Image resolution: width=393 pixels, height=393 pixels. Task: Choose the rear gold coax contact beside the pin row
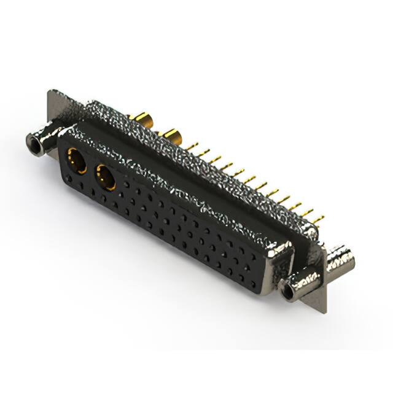[x=170, y=135]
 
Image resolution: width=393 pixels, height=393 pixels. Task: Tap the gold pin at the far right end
[x=317, y=217]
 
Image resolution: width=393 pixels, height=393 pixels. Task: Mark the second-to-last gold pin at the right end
[x=306, y=212]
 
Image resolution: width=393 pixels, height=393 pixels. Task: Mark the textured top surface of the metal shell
[x=184, y=147]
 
